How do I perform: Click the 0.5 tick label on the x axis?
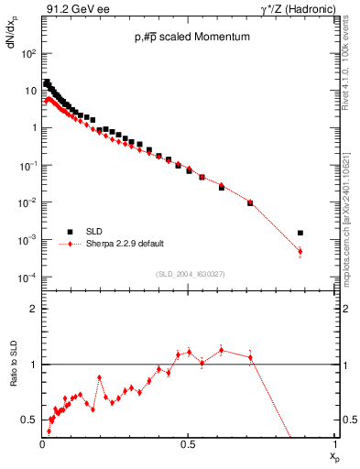[188, 443]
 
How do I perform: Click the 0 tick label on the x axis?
[42, 443]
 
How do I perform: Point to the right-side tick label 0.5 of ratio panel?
[349, 420]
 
